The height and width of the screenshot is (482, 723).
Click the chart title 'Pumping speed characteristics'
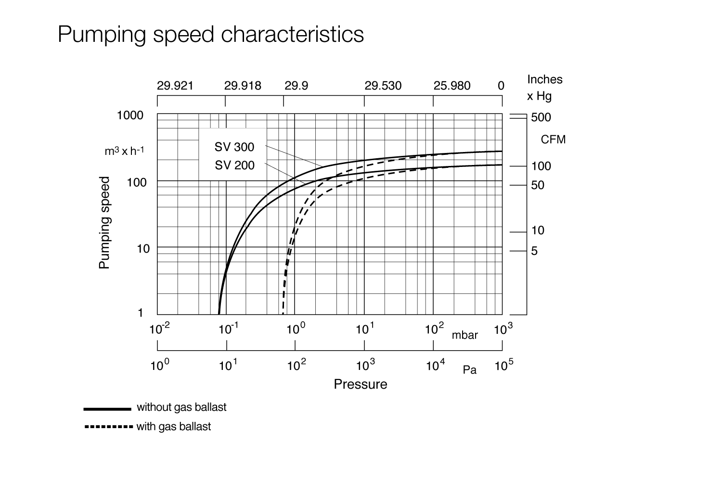tap(210, 35)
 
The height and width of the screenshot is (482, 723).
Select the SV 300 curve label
tap(234, 147)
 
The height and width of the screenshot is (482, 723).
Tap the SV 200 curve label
tap(234, 165)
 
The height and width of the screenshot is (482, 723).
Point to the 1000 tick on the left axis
tap(130, 115)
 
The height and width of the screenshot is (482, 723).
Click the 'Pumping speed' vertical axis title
tap(104, 222)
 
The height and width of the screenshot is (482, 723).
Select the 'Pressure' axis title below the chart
tap(360, 384)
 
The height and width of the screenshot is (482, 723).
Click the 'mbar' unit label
tap(465, 335)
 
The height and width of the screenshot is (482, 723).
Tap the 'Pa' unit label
tap(469, 370)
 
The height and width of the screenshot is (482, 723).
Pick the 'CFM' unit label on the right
tap(553, 140)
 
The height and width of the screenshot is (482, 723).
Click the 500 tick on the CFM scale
tap(541, 117)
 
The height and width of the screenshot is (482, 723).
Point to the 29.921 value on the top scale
tap(175, 86)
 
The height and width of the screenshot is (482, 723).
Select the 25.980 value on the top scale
tap(452, 86)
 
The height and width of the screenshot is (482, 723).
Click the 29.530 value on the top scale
tap(383, 86)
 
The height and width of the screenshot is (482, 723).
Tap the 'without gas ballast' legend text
tap(181, 407)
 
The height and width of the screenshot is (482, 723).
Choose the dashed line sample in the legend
tap(108, 427)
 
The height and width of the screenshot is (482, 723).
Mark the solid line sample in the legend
tap(107, 409)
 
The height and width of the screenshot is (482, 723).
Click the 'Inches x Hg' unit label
tap(544, 88)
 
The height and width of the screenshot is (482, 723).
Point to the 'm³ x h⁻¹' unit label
tap(124, 151)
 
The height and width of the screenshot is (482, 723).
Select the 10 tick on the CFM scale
tap(538, 230)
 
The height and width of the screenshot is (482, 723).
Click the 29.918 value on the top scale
tap(243, 86)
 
